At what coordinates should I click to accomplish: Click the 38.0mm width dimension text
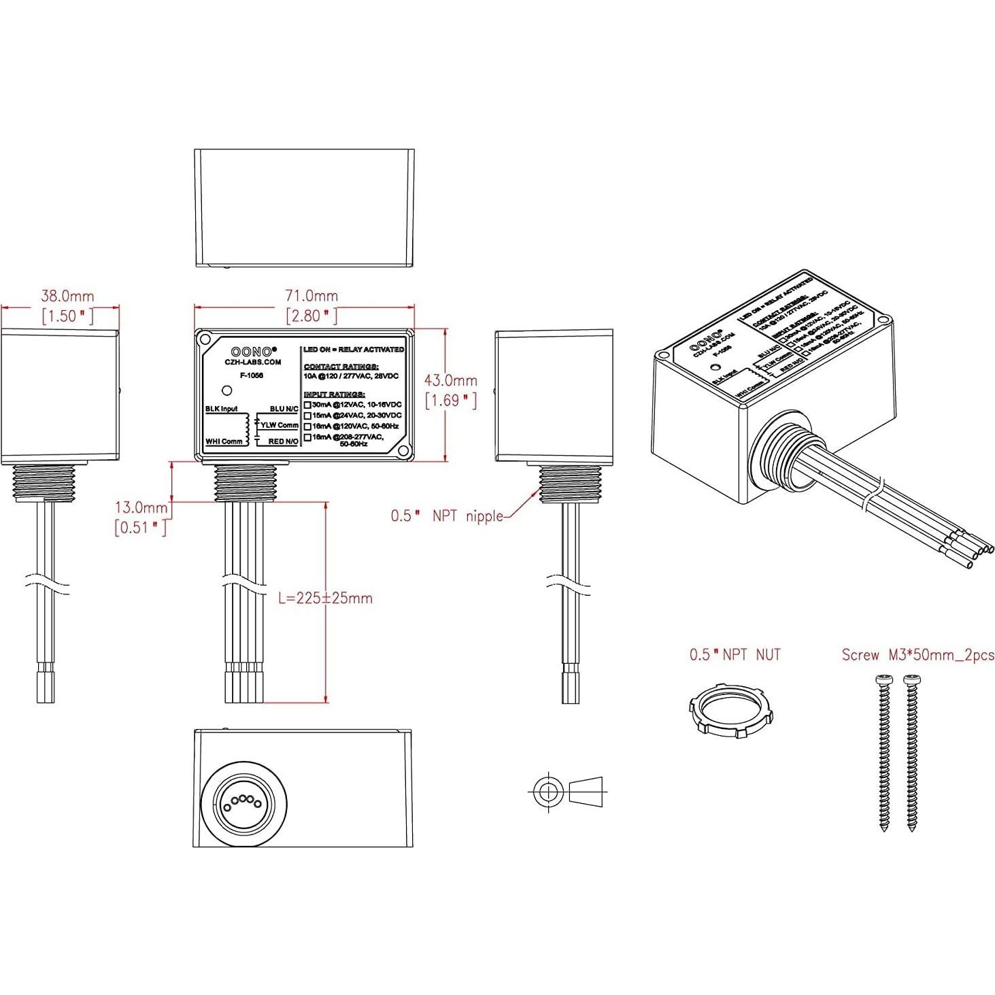click(x=67, y=297)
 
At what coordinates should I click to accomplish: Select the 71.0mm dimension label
click(x=311, y=296)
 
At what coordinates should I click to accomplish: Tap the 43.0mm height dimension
click(x=450, y=381)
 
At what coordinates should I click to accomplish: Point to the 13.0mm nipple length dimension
click(x=141, y=507)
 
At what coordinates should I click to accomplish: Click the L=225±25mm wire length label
click(x=326, y=598)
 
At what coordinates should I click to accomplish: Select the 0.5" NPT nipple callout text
click(x=447, y=516)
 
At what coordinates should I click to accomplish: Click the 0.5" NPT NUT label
click(x=735, y=655)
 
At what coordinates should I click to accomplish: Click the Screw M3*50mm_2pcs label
click(x=917, y=655)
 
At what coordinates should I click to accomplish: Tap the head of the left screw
click(x=884, y=679)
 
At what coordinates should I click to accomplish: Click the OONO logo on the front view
click(x=253, y=352)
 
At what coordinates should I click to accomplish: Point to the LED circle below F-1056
click(x=227, y=390)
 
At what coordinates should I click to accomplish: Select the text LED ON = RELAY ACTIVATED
click(x=354, y=350)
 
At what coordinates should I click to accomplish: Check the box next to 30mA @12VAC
click(x=307, y=405)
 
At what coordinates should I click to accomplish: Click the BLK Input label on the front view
click(x=222, y=409)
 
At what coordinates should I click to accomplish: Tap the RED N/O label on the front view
click(x=283, y=441)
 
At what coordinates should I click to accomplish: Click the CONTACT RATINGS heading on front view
click(x=341, y=367)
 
